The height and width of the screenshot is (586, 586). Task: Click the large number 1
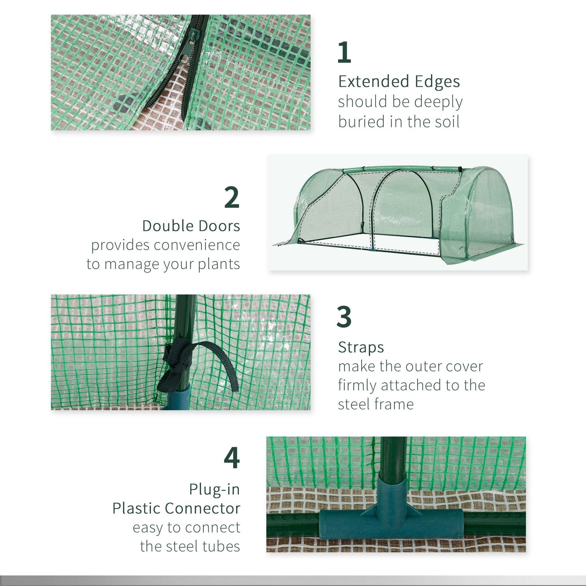344,52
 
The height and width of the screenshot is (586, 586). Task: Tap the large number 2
232,197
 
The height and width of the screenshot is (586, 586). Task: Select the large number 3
344,317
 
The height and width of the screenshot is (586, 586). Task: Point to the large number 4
232,458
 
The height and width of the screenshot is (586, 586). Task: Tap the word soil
446,122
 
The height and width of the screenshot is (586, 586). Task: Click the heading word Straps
361,347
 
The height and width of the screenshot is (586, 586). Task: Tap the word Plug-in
214,489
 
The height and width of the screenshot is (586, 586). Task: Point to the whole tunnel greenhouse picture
397,212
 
